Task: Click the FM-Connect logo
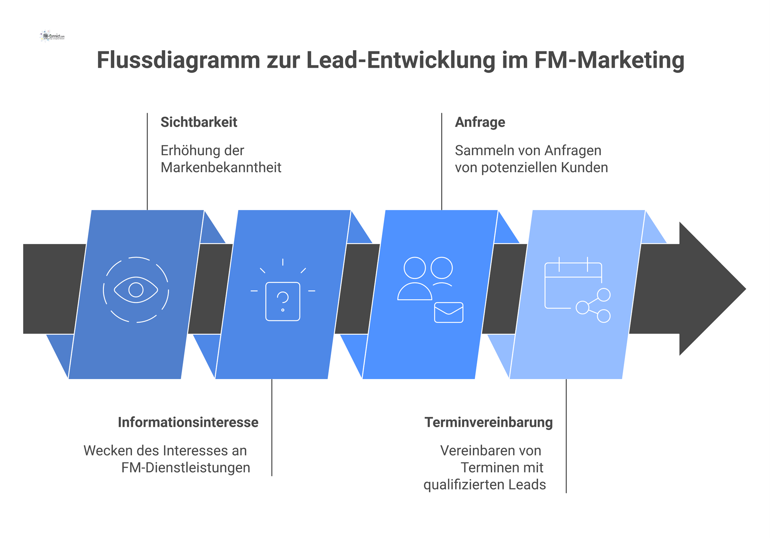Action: tap(53, 36)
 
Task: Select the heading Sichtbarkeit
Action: tap(199, 122)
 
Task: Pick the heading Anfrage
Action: tap(480, 122)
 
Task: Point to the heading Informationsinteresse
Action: tap(188, 422)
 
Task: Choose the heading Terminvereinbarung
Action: tap(488, 422)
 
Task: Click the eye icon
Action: tap(136, 290)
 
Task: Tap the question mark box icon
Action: tap(283, 301)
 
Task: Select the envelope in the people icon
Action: tap(449, 312)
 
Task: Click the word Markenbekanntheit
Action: tap(221, 167)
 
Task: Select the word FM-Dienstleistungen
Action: tap(186, 467)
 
